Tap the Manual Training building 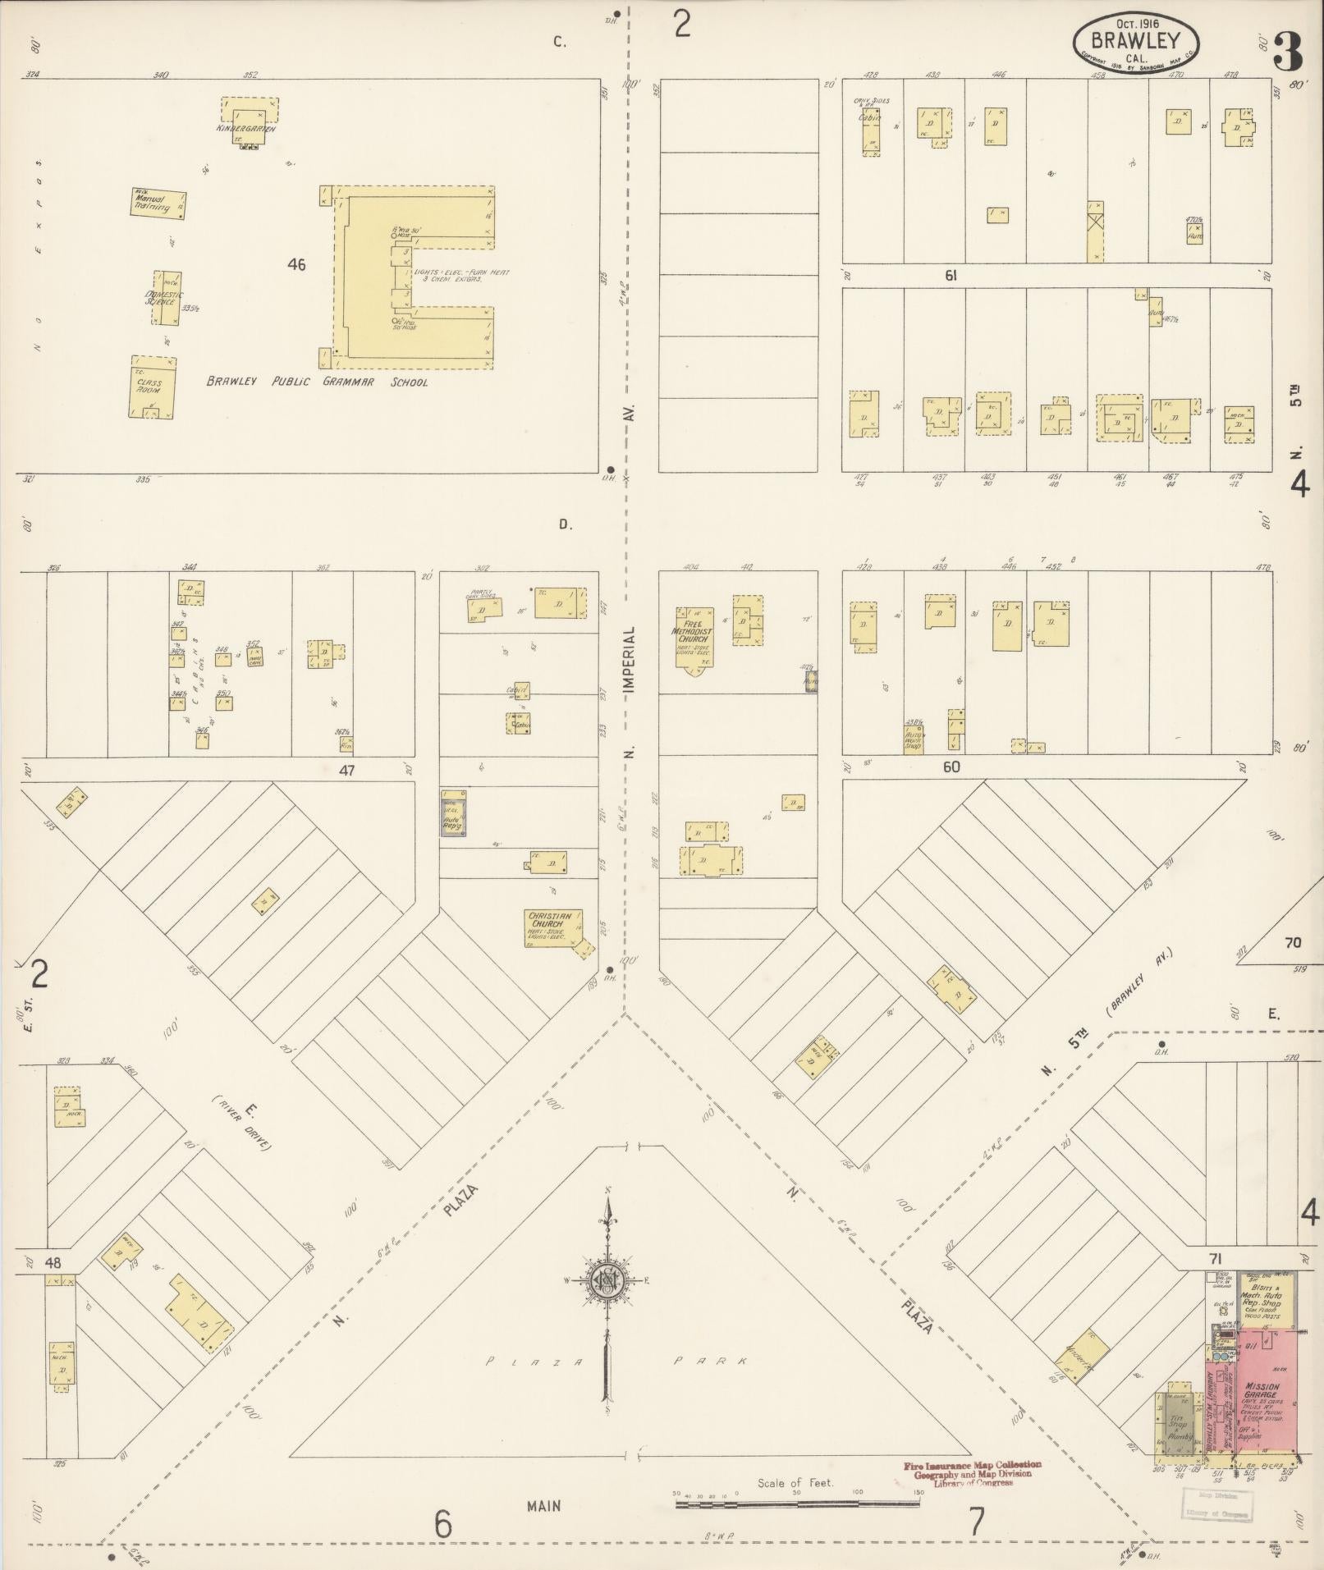click(158, 203)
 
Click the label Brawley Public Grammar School click(317, 382)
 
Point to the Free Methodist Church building click(694, 637)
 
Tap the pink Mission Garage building click(1267, 1387)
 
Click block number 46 click(296, 265)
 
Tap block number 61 click(951, 277)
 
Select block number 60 click(951, 767)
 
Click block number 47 click(347, 771)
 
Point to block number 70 click(1292, 943)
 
